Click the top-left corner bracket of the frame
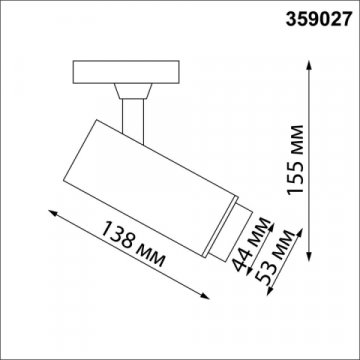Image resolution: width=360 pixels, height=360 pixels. pos(9,9)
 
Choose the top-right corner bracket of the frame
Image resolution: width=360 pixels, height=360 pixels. pos(350,9)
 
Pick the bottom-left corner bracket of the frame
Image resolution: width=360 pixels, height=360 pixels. pos(9,350)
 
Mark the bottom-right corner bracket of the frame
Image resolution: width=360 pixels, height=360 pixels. pos(350,350)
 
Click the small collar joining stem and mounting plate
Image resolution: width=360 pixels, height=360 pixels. pos(129,91)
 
